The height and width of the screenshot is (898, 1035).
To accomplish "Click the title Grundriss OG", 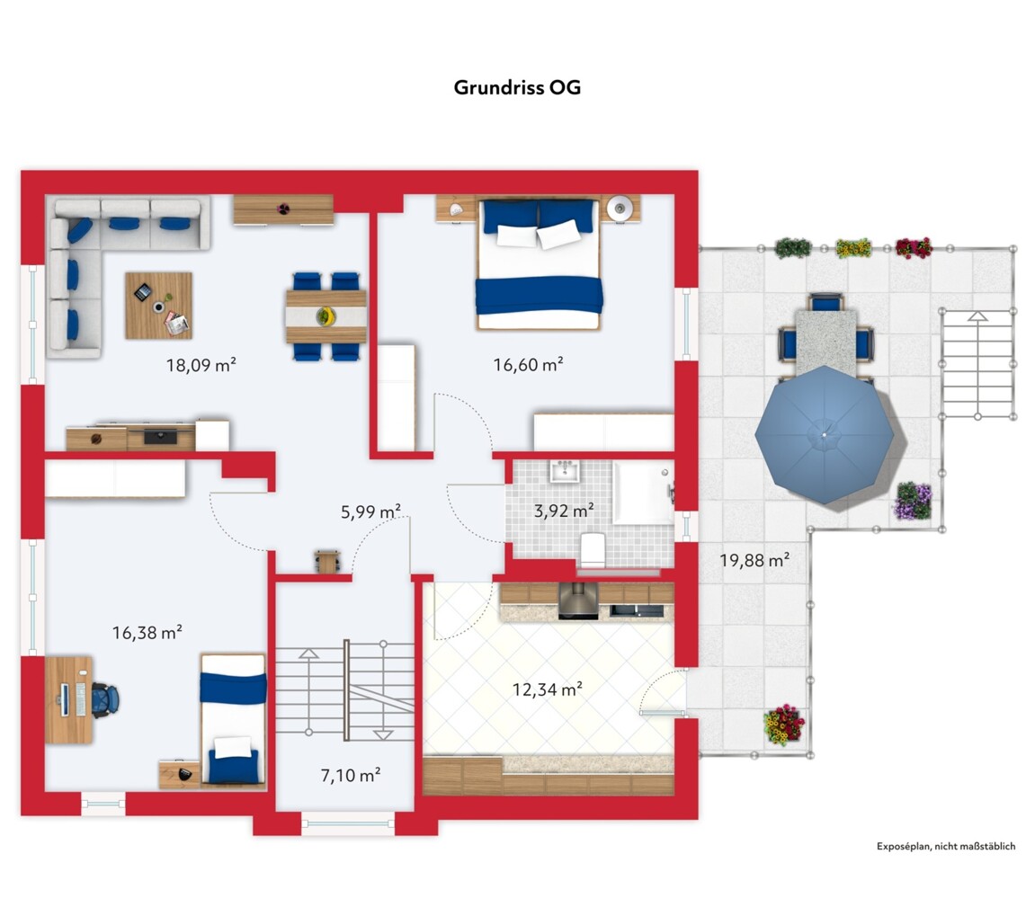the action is point(517,88).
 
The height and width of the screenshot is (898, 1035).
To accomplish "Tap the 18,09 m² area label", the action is point(201,365).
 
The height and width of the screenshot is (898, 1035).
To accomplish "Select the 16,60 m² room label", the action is point(528,364).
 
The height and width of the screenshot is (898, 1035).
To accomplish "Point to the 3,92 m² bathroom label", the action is point(564,511).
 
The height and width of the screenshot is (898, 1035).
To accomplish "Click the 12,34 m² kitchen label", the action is point(548,689).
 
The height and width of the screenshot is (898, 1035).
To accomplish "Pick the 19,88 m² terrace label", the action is point(754,560).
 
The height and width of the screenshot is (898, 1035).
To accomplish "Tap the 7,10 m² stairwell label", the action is point(351,775).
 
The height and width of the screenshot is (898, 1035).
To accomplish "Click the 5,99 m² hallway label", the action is point(370,511).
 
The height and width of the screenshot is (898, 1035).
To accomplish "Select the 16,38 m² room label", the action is point(147,633).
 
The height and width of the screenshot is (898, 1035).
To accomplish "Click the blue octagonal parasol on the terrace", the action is point(825,435).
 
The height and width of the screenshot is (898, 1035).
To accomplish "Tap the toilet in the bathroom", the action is point(593,549).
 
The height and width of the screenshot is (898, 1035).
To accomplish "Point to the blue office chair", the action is point(104,699).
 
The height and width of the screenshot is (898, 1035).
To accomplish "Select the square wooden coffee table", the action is point(158,306).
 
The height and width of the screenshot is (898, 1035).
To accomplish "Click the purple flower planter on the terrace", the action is point(914,501).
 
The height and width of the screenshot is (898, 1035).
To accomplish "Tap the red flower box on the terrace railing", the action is point(915,247).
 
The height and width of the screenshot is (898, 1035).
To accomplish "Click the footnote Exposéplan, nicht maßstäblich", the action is point(946,847).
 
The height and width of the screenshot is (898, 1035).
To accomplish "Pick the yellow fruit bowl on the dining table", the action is point(325,316).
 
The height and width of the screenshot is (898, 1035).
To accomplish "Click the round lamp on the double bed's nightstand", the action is point(620,209).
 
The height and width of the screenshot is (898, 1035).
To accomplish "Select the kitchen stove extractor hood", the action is point(578,600).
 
